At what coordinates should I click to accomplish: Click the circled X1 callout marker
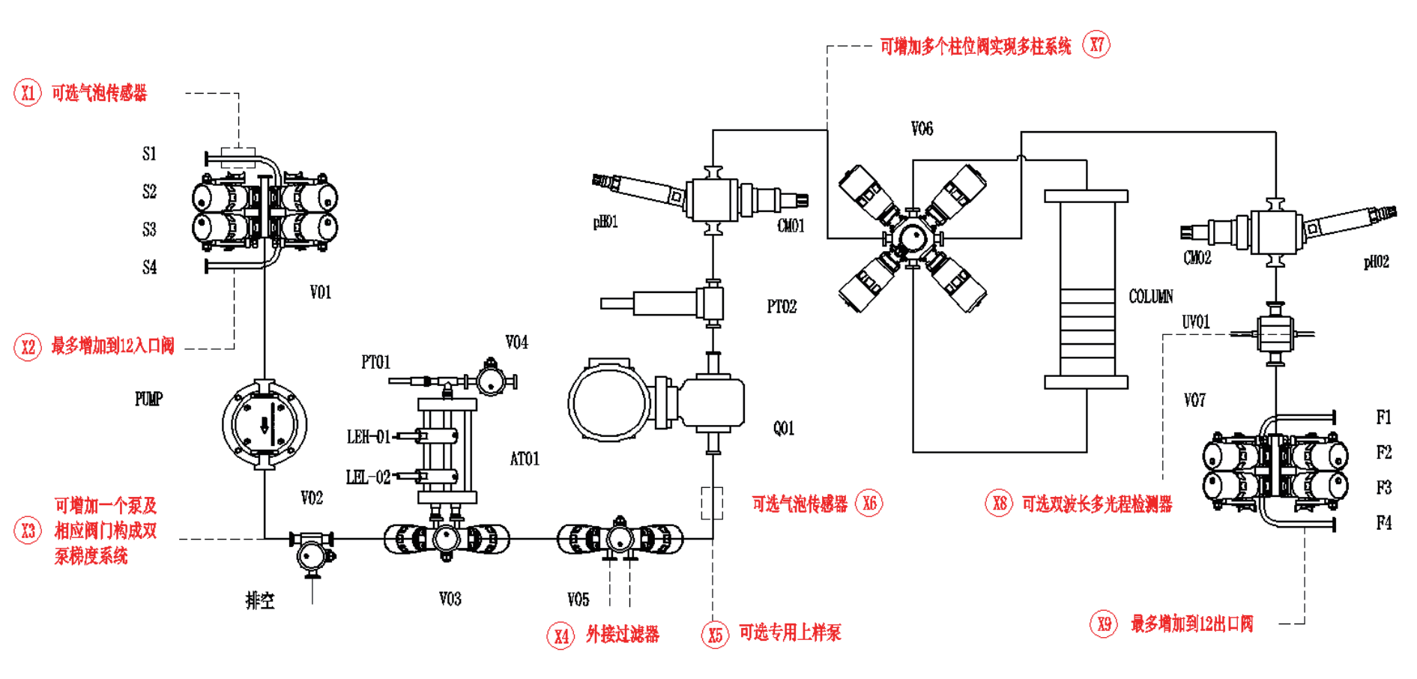[x=28, y=93]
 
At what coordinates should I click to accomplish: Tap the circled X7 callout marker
[x=1096, y=45]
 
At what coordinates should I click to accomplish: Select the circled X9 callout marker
[x=1104, y=624]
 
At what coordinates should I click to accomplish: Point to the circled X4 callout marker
[x=561, y=636]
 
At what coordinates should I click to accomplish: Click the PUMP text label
[x=148, y=399]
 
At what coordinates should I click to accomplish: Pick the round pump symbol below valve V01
[x=265, y=424]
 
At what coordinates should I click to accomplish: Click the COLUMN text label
[x=1151, y=297]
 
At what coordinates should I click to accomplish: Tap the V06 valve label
[x=922, y=129]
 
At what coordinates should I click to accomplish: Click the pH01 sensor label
[x=605, y=222]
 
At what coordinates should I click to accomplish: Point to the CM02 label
[x=1197, y=258]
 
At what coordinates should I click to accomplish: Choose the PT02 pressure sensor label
[x=782, y=307]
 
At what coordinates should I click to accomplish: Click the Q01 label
[x=784, y=428]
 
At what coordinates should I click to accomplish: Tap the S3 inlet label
[x=149, y=229]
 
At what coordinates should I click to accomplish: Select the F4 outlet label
[x=1383, y=522]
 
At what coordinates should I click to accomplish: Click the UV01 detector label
[x=1196, y=322]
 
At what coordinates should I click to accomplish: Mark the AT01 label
[x=525, y=459]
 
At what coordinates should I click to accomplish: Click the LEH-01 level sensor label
[x=368, y=437]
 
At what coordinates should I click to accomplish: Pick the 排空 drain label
[x=260, y=600]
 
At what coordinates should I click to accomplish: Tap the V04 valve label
[x=516, y=342]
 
